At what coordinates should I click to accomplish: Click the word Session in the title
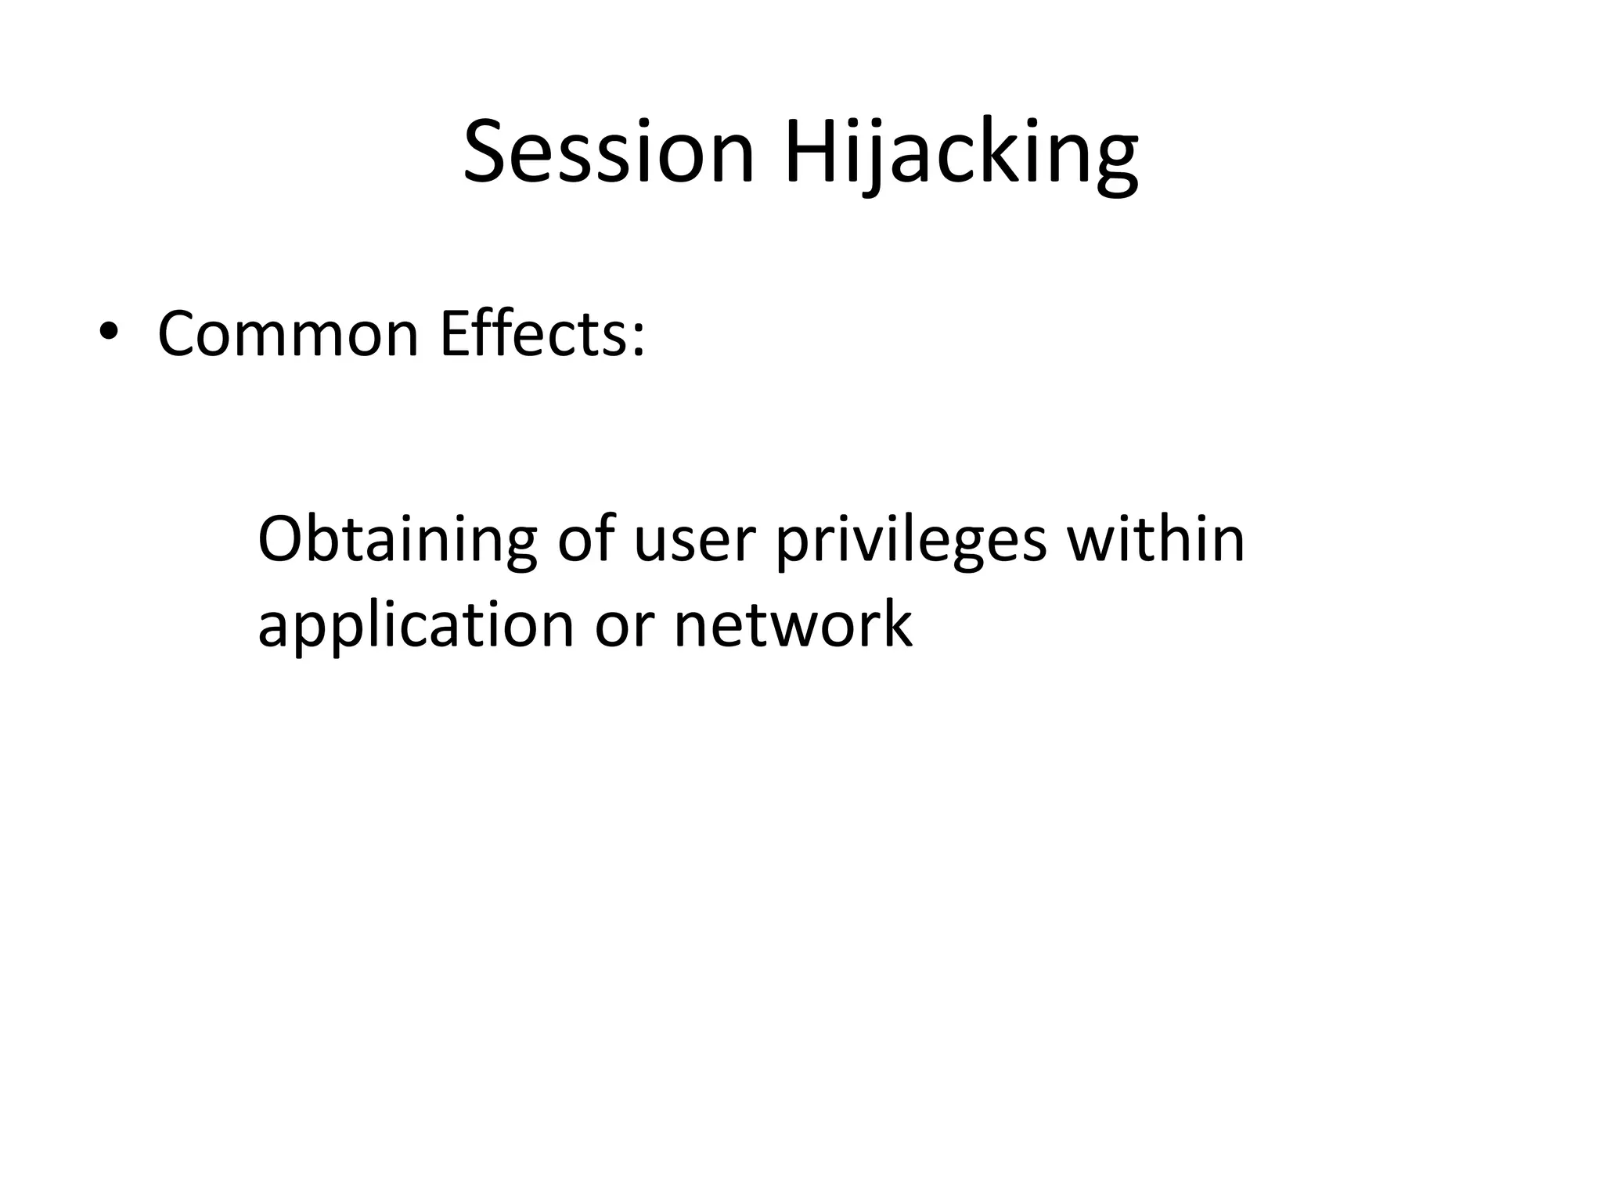pos(609,152)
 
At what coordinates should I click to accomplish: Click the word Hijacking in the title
pos(961,152)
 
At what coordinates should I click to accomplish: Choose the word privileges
pos(911,540)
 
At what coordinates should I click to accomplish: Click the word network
pos(792,626)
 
